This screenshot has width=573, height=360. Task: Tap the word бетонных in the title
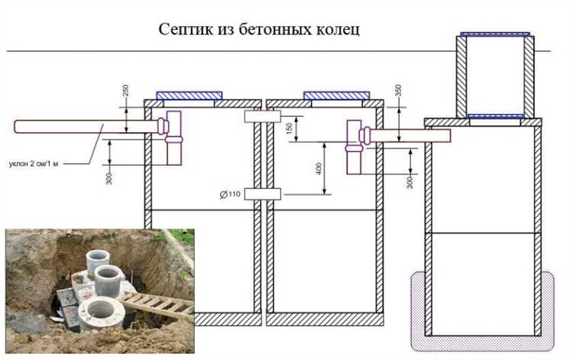267,30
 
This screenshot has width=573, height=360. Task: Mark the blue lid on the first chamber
189,96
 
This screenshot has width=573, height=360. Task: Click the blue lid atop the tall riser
496,34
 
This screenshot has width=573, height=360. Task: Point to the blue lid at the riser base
496,116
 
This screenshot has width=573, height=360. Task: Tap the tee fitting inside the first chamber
171,136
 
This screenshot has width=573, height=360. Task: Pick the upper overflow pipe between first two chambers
261,116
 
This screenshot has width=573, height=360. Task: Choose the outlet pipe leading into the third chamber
409,136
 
